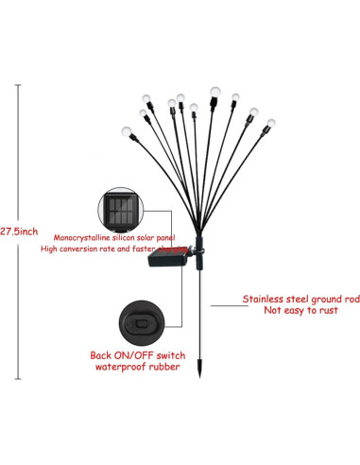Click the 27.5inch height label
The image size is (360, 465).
[19, 230]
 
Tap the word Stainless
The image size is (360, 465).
[262, 299]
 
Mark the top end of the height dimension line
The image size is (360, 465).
[18, 83]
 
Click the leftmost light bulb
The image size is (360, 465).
[125, 129]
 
